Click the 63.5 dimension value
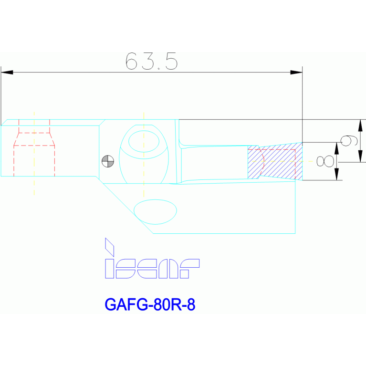pos(152,61)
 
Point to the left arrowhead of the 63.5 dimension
pos(7,73)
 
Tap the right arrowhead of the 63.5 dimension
pos(296,73)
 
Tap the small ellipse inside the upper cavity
pos(144,141)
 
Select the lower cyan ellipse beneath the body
pos(155,211)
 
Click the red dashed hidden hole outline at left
pos(34,146)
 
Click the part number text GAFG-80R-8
pos(150,304)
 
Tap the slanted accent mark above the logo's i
pos(109,246)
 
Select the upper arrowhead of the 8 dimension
pos(337,147)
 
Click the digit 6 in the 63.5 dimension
pos(131,61)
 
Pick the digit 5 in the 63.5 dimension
pos(172,61)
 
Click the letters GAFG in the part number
pos(125,304)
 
